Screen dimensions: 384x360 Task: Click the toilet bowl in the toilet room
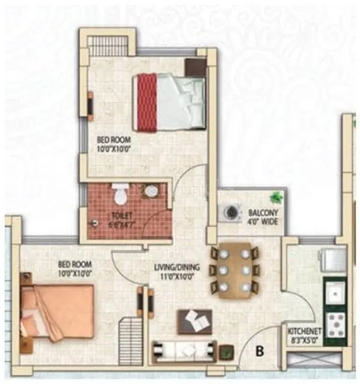pos(119,194)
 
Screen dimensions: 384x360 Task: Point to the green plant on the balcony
pos(276,196)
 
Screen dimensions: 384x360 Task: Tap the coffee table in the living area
pos(194,321)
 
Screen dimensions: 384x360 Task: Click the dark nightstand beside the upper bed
pos(196,67)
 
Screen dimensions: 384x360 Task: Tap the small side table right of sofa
pos(226,351)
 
